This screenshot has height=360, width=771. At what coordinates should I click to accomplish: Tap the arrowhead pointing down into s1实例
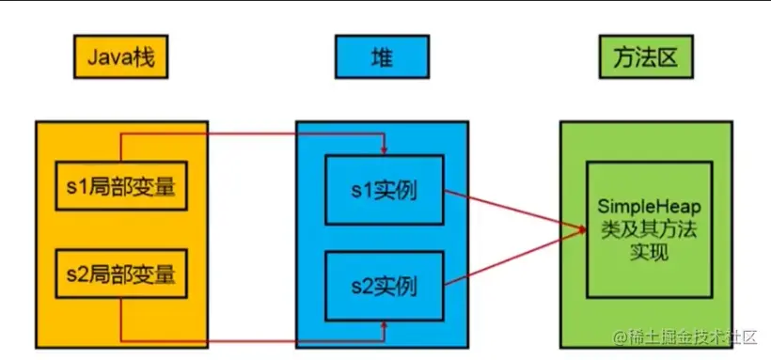[x=384, y=149]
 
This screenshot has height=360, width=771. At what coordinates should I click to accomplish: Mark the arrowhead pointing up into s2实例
[x=384, y=324]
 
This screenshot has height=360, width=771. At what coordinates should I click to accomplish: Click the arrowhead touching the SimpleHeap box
[x=581, y=229]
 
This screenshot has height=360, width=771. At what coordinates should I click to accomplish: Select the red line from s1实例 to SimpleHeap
[x=512, y=211]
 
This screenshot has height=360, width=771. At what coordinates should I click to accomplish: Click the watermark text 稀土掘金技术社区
[x=695, y=336]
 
